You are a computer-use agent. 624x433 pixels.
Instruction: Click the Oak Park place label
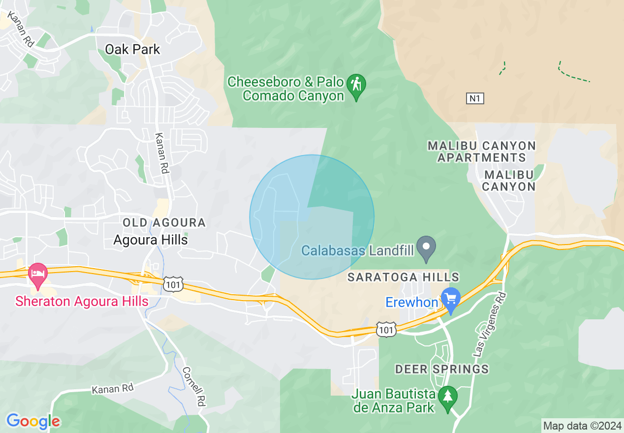133,50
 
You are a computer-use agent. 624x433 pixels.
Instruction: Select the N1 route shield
475,98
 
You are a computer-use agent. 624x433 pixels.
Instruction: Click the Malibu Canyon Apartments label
481,152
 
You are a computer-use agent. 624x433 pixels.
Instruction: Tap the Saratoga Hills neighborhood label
403,278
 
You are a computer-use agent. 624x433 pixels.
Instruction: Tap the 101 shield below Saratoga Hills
386,330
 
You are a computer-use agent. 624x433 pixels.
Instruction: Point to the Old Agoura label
164,223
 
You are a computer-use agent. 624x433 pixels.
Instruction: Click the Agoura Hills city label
151,240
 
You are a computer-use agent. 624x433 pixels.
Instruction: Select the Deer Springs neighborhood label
442,369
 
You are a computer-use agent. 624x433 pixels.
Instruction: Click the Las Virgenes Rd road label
489,324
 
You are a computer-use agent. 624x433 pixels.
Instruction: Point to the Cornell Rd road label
193,386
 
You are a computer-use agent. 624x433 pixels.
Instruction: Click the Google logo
33,421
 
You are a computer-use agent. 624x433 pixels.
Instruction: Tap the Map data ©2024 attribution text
582,426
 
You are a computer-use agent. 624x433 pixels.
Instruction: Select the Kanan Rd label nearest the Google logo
113,389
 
